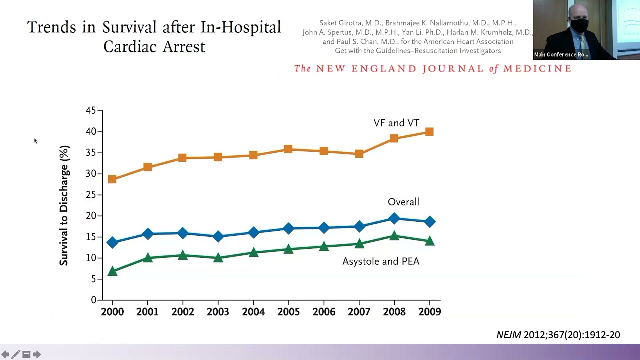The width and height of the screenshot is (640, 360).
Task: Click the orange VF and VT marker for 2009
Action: coord(429,132)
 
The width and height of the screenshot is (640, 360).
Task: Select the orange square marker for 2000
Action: coord(112,179)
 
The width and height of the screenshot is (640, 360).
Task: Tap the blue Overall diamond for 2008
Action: coord(394,218)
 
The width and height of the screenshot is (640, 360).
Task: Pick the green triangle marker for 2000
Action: coord(112,271)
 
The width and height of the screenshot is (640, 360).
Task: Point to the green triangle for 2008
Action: coord(394,236)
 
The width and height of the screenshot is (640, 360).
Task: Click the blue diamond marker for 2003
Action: coord(218,236)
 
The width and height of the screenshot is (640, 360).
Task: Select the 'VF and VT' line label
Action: coord(396,123)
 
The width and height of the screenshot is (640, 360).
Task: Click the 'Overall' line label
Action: coord(403,202)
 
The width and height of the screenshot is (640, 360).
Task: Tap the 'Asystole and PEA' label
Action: coord(380,261)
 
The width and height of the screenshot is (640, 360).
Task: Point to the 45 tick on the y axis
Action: coord(91,111)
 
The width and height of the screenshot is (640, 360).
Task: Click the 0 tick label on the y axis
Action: coord(93,300)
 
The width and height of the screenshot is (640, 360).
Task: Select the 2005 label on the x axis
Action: coord(288,312)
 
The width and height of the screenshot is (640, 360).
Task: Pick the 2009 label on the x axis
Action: coord(429,312)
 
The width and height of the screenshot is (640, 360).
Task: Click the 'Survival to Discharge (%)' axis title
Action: coord(64,205)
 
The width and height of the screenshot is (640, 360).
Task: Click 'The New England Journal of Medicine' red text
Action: coord(432,69)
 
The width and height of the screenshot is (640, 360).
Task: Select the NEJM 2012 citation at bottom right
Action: coord(558,335)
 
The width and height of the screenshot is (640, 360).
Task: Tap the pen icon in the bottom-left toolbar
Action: coord(16,354)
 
